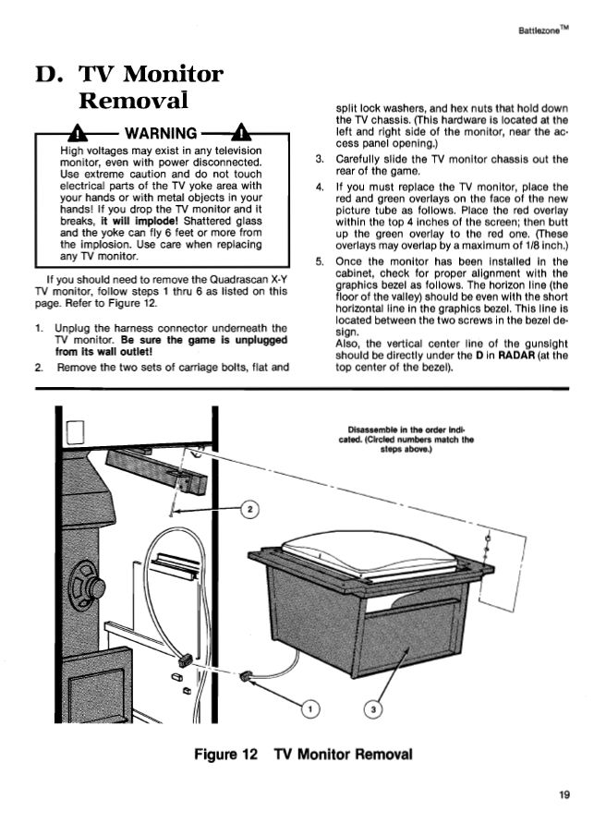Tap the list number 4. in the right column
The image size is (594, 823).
(318, 188)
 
